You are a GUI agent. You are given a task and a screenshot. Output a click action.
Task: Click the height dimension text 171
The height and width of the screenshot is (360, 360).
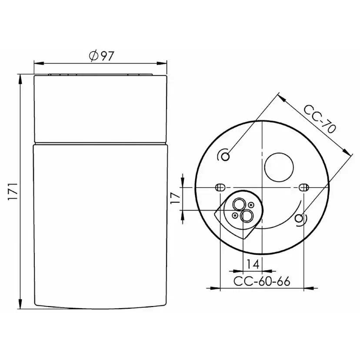(x=13, y=191)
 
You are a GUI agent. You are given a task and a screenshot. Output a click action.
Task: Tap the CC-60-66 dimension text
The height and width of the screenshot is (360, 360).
(x=262, y=281)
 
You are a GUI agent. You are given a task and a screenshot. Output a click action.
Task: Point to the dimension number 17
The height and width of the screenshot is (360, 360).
(x=175, y=198)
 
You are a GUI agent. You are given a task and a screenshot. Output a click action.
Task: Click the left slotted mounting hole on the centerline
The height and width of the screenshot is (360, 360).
(x=220, y=187)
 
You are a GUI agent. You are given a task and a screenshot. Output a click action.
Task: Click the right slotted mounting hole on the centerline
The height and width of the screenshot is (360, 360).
(x=304, y=187)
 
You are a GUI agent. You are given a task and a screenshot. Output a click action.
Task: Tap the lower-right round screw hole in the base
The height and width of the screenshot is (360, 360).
(x=298, y=219)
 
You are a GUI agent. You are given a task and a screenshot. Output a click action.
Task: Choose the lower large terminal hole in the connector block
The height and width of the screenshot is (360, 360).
(x=247, y=215)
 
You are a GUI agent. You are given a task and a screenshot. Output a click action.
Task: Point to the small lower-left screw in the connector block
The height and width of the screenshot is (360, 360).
(x=235, y=215)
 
